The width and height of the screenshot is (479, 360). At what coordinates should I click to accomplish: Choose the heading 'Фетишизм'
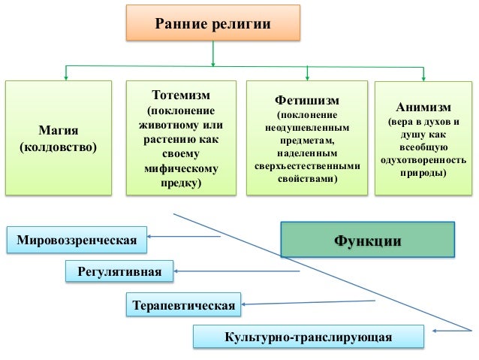307,100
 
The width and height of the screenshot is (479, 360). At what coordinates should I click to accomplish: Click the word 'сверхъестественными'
307,166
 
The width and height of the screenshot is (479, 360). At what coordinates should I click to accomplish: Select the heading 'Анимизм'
423,105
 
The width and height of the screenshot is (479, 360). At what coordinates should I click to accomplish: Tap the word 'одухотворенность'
423,160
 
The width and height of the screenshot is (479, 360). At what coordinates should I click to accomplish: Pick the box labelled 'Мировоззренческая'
76,241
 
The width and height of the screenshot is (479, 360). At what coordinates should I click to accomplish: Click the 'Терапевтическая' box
184,305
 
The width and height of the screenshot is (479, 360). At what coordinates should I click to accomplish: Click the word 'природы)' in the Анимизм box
423,174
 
